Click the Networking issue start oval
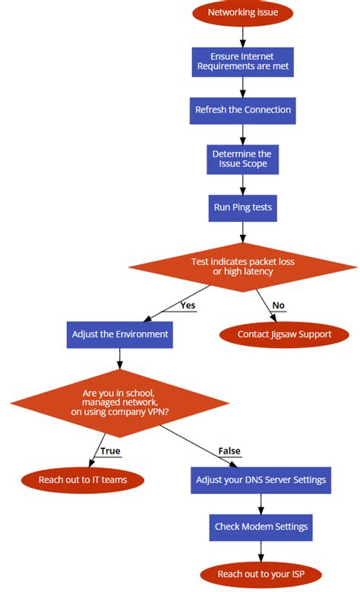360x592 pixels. point(242,13)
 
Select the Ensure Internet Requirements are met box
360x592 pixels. point(242,61)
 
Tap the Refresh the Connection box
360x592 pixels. point(242,109)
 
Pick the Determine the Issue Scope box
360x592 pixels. point(242,158)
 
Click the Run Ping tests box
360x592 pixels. point(242,207)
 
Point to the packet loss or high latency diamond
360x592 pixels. point(242,266)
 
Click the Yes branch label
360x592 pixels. point(188,305)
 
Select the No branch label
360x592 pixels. point(279,305)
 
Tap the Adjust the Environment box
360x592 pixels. point(120,334)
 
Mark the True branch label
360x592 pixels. point(110,451)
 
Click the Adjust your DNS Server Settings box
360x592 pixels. point(261,480)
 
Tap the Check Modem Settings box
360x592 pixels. point(261,527)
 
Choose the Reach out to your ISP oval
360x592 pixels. point(261,574)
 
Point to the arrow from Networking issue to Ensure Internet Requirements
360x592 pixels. point(242,35)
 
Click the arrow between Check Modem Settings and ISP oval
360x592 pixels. point(261,550)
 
